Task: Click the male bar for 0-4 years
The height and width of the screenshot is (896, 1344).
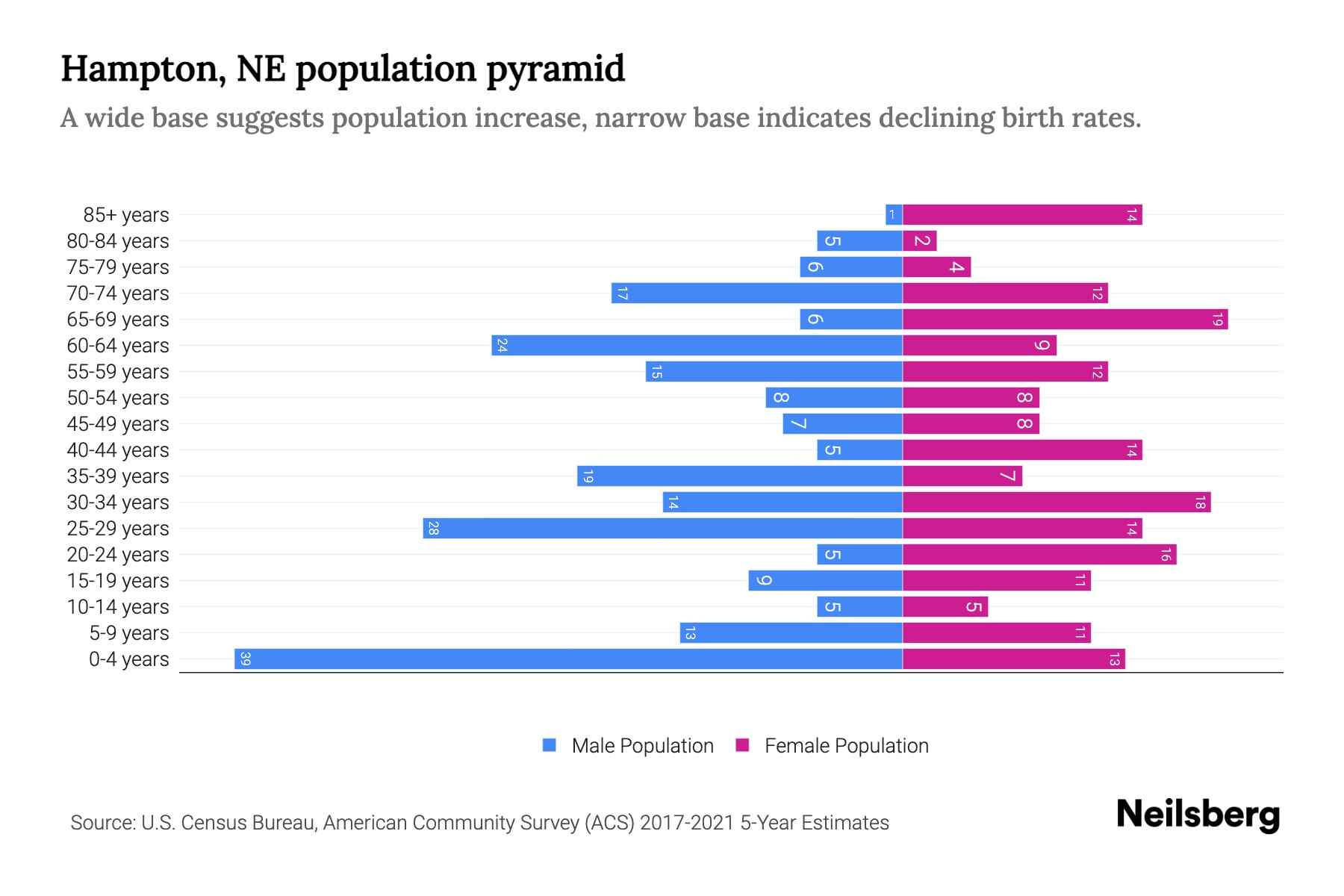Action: [567, 659]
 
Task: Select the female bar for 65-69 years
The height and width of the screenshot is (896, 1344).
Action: [1064, 320]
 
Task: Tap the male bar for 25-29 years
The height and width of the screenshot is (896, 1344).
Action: [662, 529]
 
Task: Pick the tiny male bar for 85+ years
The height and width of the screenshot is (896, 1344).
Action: [894, 215]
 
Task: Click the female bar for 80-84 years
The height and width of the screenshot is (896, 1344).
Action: [920, 241]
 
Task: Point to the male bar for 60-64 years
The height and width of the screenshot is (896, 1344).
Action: [697, 346]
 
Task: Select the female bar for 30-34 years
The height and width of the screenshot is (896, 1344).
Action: [1056, 503]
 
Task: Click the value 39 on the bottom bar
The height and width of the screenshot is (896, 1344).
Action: [245, 659]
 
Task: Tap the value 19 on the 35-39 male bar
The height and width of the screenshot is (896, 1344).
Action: [588, 476]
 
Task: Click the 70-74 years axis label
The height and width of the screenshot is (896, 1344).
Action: [118, 293]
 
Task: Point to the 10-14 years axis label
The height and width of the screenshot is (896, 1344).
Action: [118, 607]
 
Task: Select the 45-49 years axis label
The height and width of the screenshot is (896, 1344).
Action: [118, 424]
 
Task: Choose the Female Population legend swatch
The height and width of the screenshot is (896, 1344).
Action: [742, 745]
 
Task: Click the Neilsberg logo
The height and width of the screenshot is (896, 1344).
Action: [1198, 815]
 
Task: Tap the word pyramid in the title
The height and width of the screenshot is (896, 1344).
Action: [556, 69]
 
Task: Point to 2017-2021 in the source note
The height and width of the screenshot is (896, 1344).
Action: [687, 823]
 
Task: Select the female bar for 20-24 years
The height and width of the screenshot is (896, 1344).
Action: [1039, 555]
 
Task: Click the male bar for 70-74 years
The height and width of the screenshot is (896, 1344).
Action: [756, 293]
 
